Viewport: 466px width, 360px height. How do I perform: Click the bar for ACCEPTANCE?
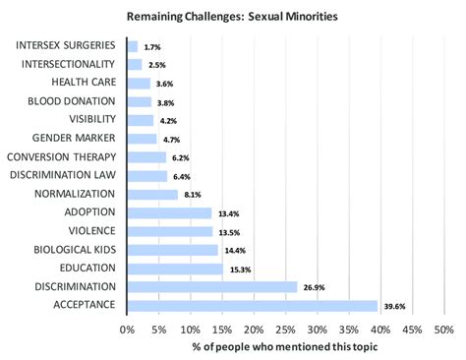tap(253, 305)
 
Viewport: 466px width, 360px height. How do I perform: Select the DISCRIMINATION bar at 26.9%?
tap(212, 286)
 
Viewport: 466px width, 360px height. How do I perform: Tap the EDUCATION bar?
tap(175, 268)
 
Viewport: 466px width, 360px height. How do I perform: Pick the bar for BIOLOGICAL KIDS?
tap(172, 249)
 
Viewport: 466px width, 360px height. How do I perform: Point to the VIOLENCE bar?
tap(169, 230)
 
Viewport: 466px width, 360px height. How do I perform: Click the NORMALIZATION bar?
tap(152, 194)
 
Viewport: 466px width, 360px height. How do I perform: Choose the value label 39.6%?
tap(394, 306)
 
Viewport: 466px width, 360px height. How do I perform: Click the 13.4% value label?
tap(228, 212)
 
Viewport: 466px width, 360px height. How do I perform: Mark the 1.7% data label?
tap(152, 46)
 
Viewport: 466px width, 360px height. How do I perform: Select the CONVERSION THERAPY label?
tap(61, 156)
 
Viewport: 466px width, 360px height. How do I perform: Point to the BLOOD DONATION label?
tap(73, 101)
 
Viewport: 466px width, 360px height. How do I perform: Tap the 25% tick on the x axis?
tap(285, 330)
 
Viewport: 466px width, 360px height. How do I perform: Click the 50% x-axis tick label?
tap(443, 330)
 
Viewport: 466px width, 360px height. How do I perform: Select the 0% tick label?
tap(127, 330)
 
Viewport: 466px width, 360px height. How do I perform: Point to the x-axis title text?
tap(285, 348)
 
